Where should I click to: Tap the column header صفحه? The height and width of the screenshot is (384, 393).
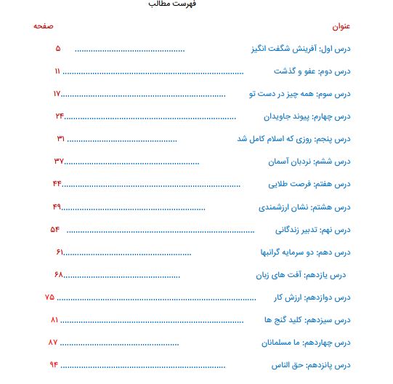click(43, 26)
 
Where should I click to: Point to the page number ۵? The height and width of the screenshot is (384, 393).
click(58, 49)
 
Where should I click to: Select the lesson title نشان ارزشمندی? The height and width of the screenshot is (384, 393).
click(284, 207)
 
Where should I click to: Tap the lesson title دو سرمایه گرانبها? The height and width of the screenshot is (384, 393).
click(283, 252)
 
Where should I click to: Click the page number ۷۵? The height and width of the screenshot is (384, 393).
click(49, 297)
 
